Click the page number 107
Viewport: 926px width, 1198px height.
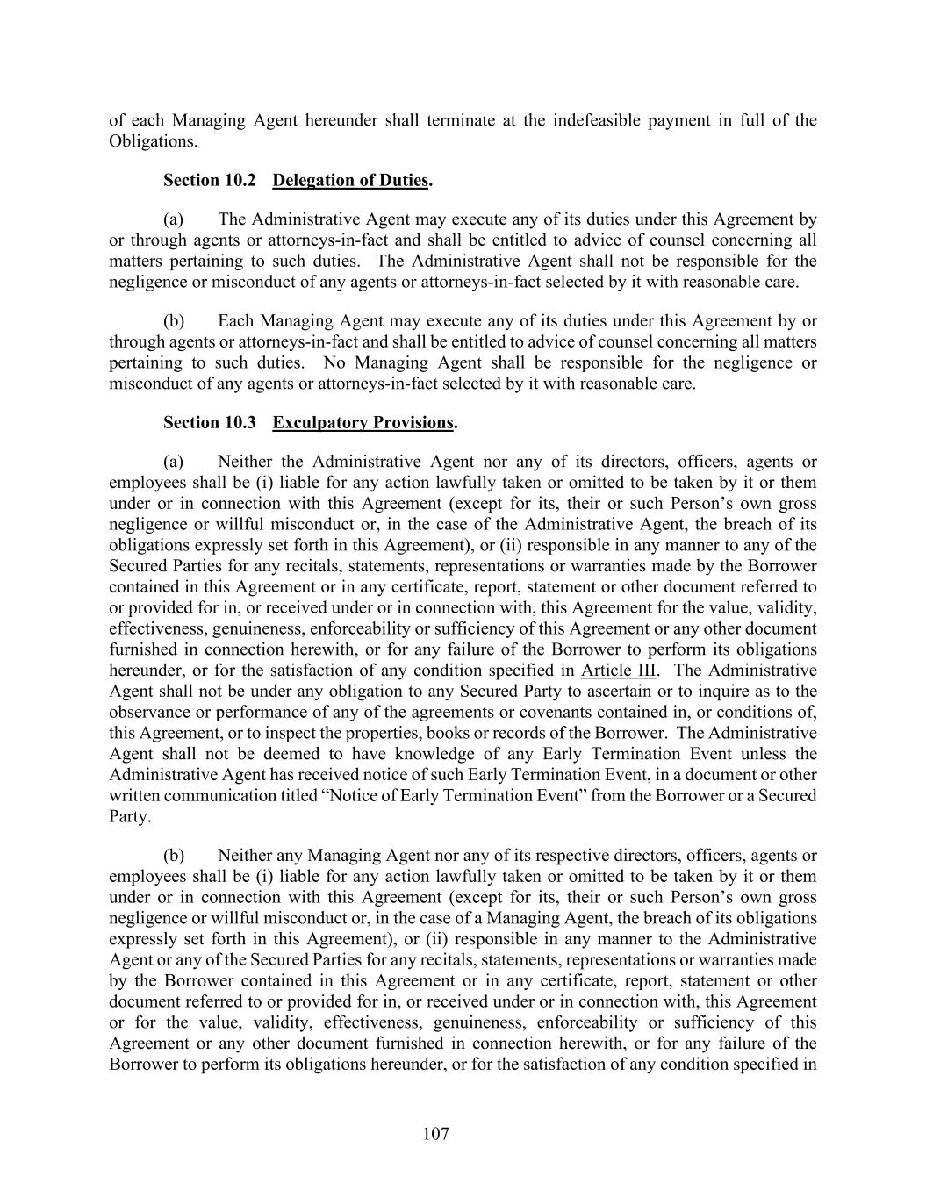pos(435,1134)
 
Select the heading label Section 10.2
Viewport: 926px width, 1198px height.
pos(209,181)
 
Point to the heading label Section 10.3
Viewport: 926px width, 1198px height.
pos(209,423)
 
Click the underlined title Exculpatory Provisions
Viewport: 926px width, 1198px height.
pos(363,423)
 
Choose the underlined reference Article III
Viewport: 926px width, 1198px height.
pos(618,671)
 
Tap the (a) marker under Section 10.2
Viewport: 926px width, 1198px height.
pos(174,219)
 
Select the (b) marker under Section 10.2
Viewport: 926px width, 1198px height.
pos(174,321)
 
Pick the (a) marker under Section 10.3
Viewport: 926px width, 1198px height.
pos(174,462)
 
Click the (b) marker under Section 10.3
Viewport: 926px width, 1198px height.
pos(174,856)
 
